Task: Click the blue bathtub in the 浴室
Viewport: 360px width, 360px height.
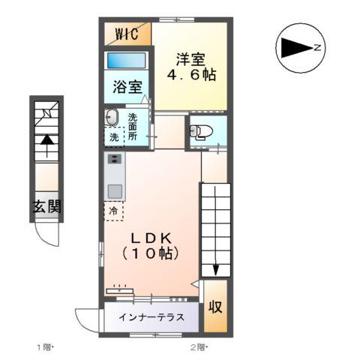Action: click(126, 61)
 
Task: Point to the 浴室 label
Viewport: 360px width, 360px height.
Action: click(127, 85)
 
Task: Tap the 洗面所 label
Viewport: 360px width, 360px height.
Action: click(133, 127)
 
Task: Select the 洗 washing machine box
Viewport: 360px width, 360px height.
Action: click(113, 137)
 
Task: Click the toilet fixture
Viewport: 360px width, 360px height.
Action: click(199, 132)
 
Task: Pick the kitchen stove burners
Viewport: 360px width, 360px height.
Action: click(115, 159)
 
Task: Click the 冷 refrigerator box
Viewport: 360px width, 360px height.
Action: click(114, 211)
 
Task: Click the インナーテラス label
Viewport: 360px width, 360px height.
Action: click(151, 316)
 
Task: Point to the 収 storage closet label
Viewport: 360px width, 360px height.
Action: click(214, 307)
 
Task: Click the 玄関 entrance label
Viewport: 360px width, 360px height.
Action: click(46, 207)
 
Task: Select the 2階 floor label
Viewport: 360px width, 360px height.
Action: click(198, 346)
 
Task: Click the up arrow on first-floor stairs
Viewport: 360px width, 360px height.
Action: click(46, 139)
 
